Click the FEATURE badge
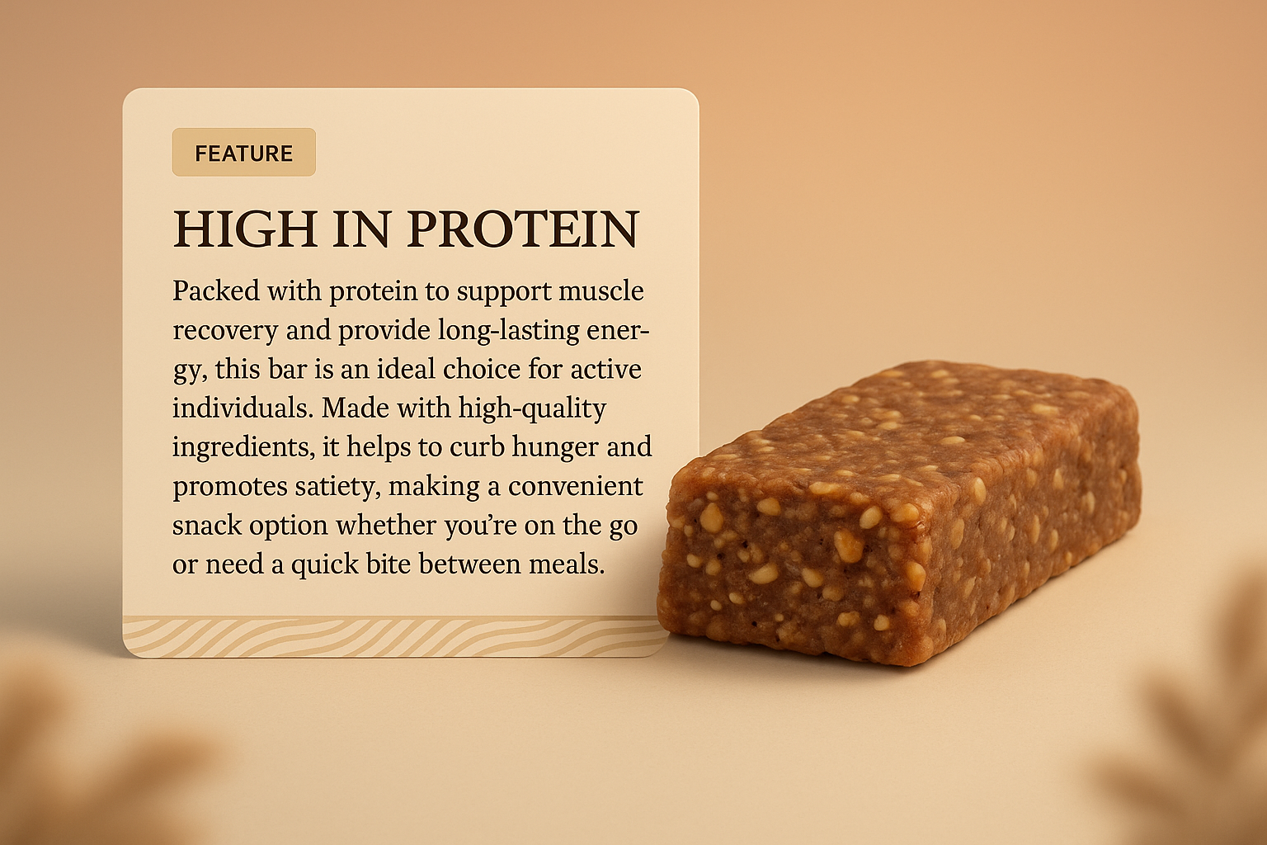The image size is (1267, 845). (243, 153)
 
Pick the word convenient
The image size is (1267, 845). (575, 486)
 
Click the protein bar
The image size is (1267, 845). (899, 512)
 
